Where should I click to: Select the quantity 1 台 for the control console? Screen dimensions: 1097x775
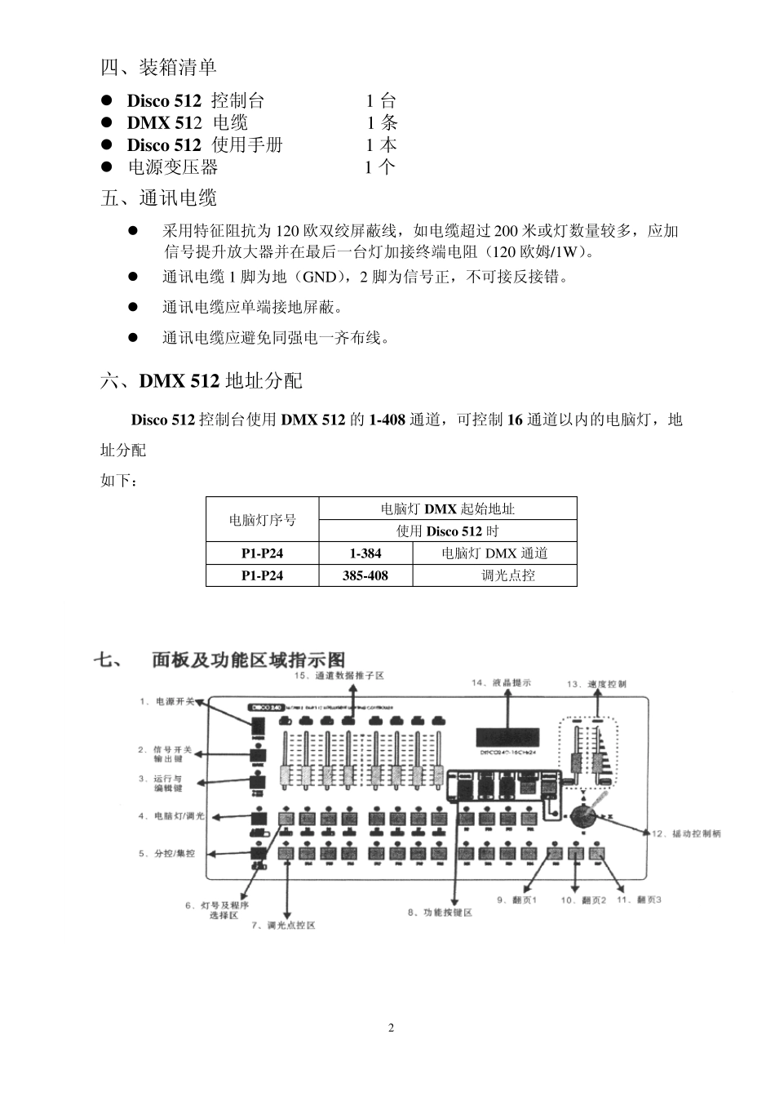380,101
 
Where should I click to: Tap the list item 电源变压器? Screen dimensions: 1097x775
173,167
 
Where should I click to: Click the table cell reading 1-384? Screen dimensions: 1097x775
365,553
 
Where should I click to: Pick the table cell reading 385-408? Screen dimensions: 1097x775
365,575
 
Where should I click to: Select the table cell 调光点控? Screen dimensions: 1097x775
507,575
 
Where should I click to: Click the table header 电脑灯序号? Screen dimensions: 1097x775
262,520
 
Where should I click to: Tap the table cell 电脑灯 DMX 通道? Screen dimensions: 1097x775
494,553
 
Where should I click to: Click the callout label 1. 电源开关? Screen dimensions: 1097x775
166,701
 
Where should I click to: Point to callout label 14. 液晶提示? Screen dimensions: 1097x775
501,682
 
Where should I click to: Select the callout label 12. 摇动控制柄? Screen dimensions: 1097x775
685,833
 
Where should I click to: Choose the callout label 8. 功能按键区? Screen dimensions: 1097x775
440,913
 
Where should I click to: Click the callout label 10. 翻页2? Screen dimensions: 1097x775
583,900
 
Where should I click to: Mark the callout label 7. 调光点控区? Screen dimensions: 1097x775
283,926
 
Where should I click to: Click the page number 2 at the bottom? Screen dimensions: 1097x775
391,1028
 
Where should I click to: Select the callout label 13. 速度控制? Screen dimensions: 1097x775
596,685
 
